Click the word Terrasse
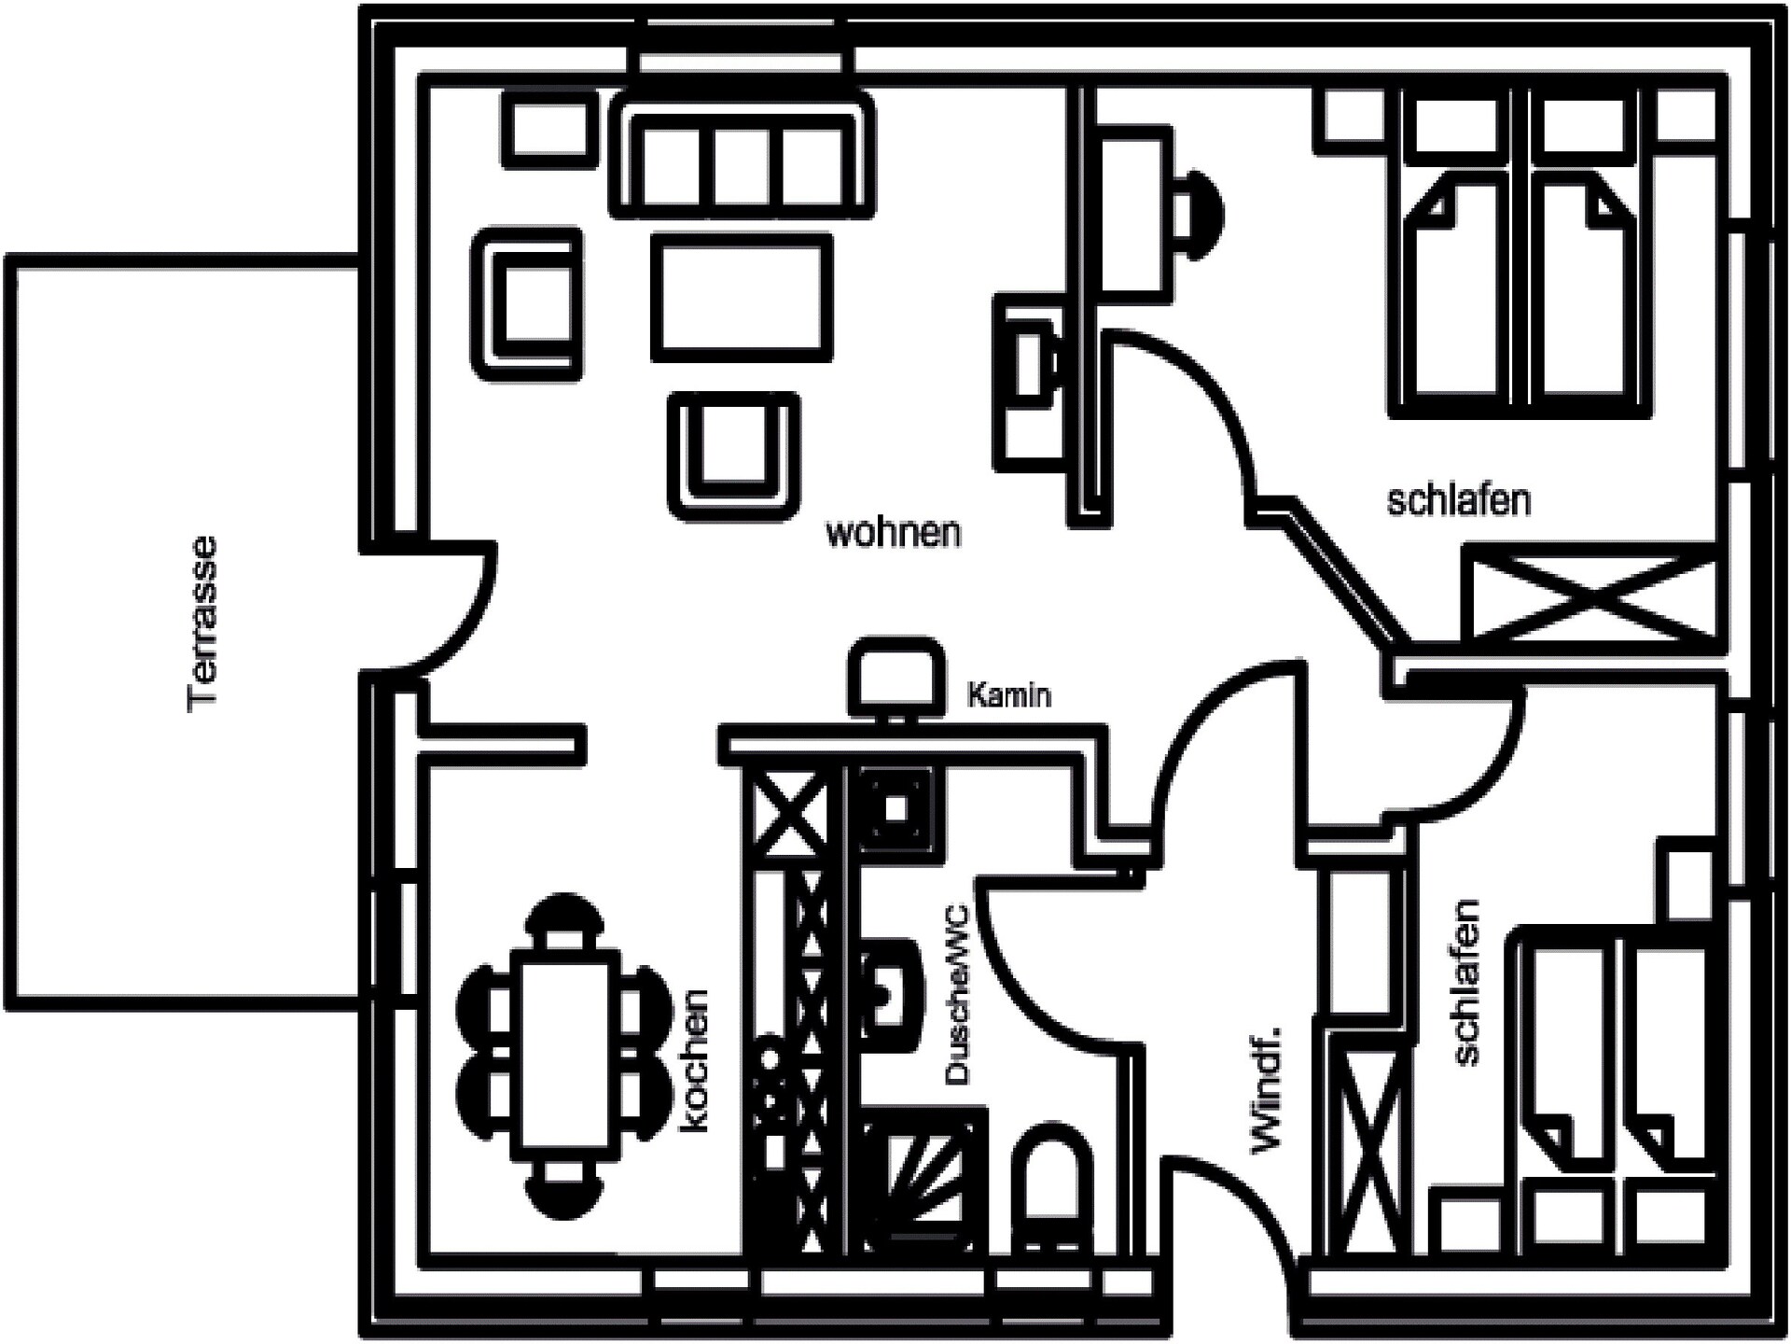click(202, 624)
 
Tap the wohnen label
click(893, 533)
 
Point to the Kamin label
click(1009, 695)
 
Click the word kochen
click(695, 1062)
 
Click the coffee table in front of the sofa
click(742, 298)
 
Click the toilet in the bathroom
click(1052, 1185)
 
